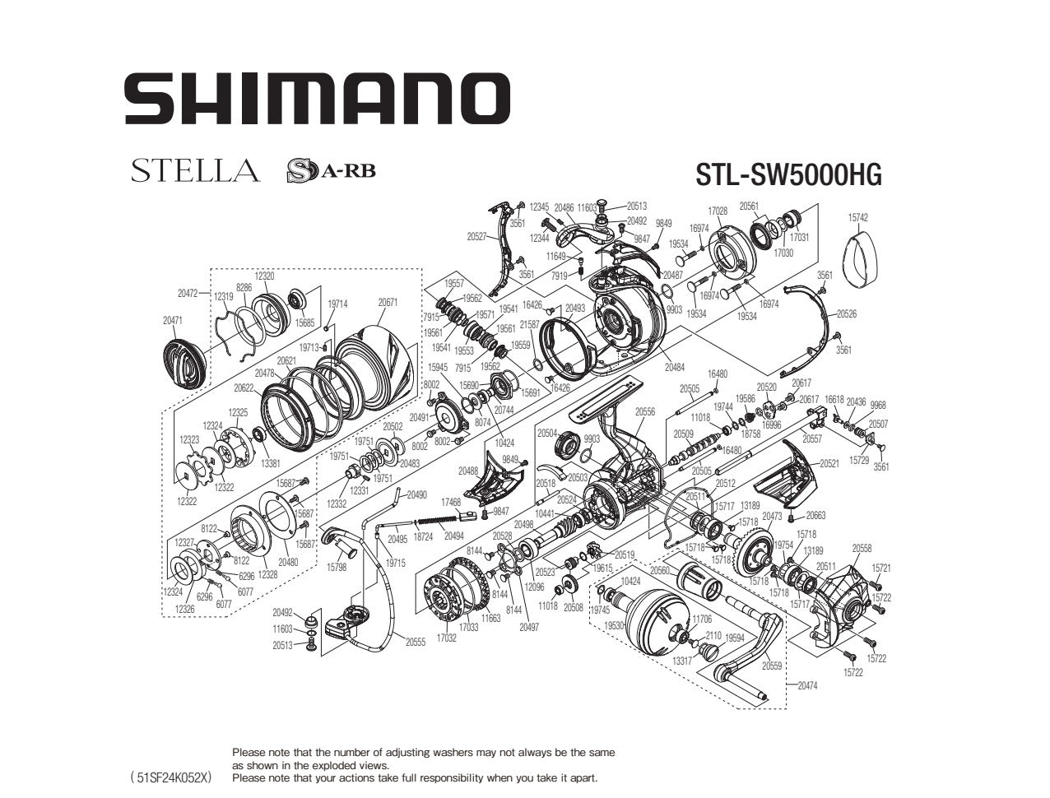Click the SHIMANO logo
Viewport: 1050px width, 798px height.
tap(317, 99)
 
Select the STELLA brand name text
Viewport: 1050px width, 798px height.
tap(195, 171)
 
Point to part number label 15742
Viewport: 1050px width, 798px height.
tap(857, 218)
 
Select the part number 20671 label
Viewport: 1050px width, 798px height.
tap(388, 302)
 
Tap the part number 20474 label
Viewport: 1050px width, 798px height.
tap(807, 685)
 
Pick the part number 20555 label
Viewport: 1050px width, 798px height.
tap(415, 643)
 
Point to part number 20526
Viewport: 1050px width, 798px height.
tap(847, 313)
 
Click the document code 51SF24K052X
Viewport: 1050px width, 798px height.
tap(171, 777)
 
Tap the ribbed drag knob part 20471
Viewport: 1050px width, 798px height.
tap(185, 363)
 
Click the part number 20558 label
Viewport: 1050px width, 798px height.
tap(862, 548)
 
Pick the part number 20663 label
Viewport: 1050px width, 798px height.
tap(815, 515)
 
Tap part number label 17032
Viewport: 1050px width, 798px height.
tap(446, 638)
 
